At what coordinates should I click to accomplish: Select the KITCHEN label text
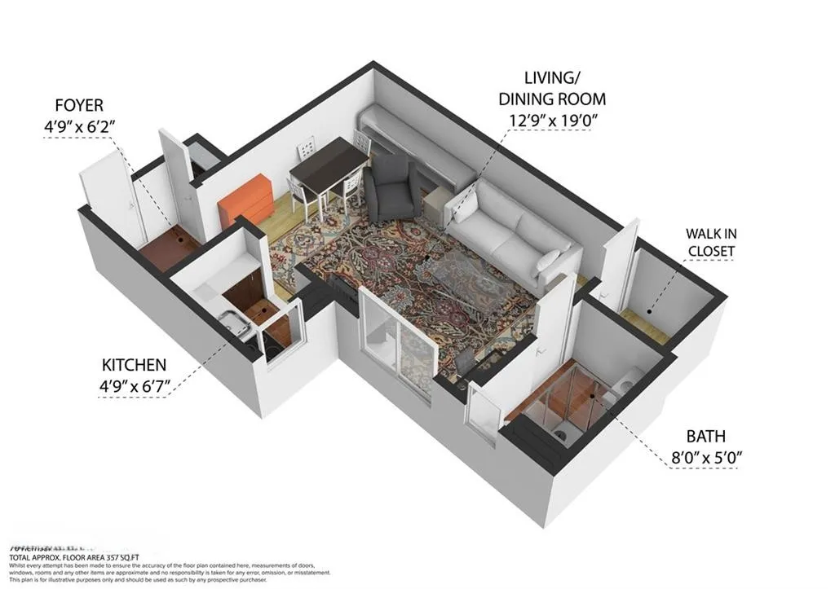(134, 365)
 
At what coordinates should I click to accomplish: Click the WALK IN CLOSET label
(710, 241)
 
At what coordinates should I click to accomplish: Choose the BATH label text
(705, 437)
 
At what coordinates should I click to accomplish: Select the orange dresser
(247, 198)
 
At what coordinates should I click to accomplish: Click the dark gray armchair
(390, 189)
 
